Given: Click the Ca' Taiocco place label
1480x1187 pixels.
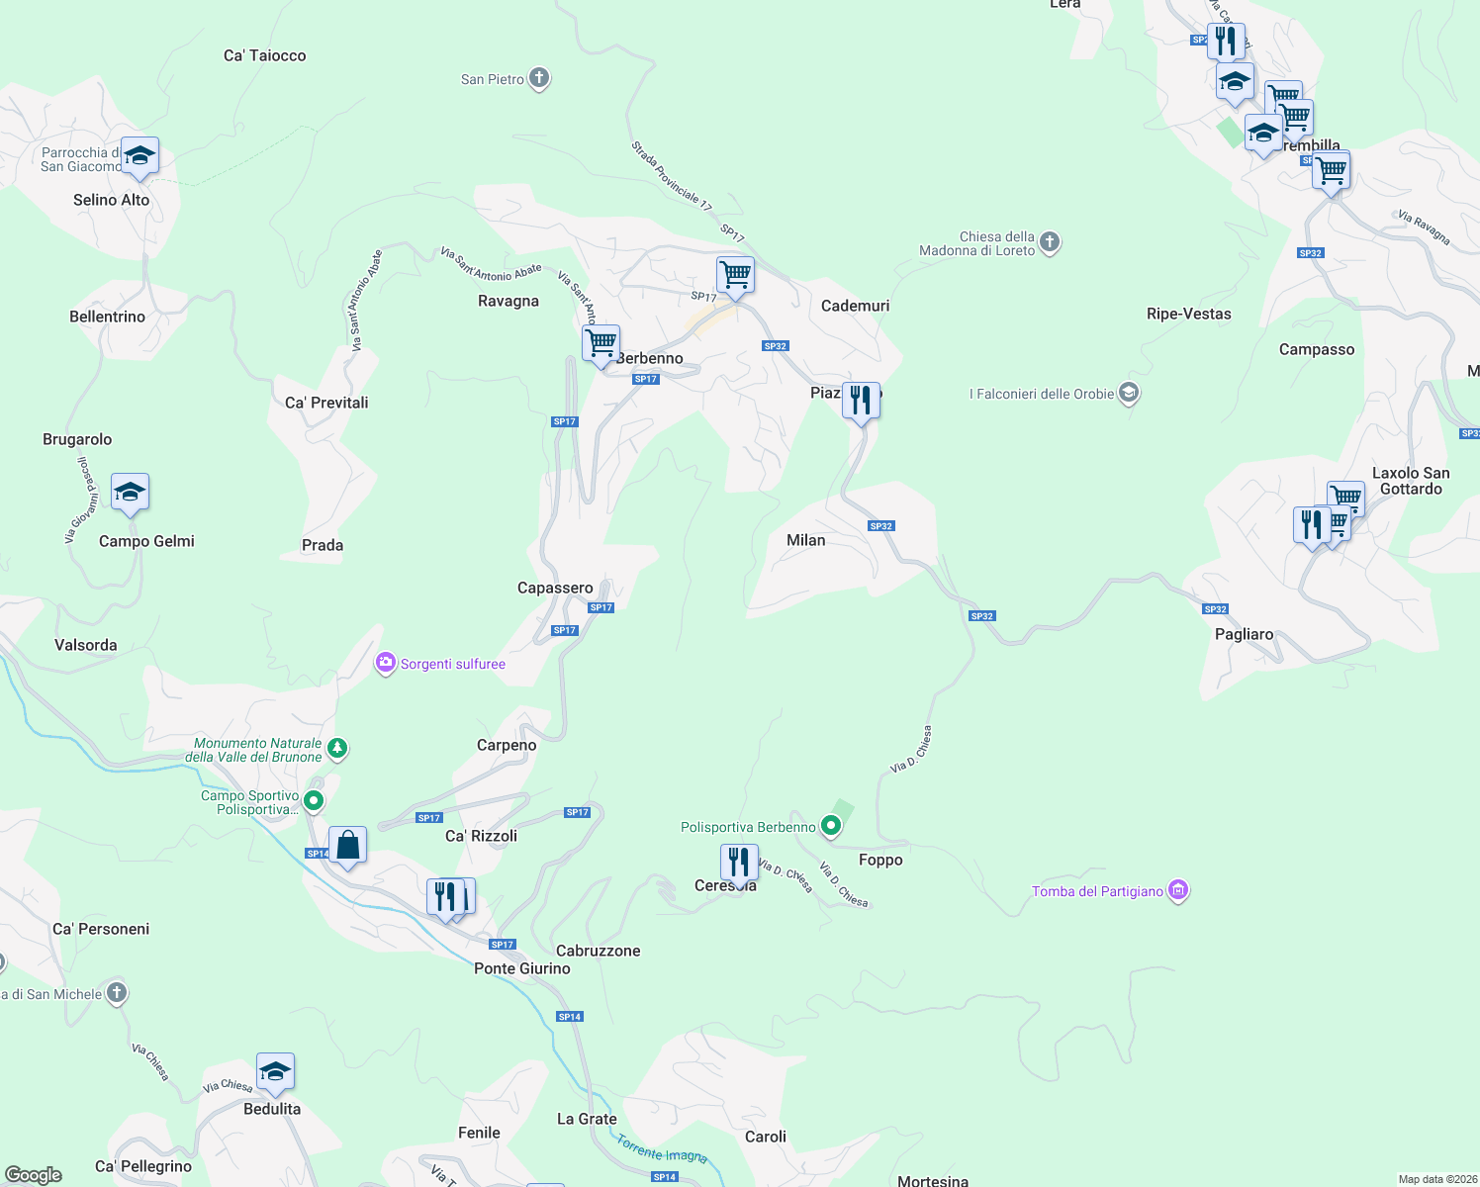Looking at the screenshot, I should pyautogui.click(x=264, y=55).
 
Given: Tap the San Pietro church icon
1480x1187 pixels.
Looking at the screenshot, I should pyautogui.click(x=539, y=78).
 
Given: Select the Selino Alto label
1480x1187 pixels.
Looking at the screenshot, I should pyautogui.click(x=111, y=200).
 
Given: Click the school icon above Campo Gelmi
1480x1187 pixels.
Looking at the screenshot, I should pyautogui.click(x=130, y=493).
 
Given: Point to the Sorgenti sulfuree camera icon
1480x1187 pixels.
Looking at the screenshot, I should pyautogui.click(x=385, y=663).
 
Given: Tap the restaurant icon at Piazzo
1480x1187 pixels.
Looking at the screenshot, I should pyautogui.click(x=861, y=401).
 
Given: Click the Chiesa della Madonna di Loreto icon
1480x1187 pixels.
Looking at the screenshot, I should pyautogui.click(x=1050, y=242).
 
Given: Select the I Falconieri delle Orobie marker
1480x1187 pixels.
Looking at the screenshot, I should pyautogui.click(x=1129, y=393).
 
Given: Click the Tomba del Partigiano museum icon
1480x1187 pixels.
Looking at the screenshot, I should pyautogui.click(x=1177, y=890).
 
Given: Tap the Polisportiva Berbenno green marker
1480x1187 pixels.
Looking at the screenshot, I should pyautogui.click(x=831, y=826).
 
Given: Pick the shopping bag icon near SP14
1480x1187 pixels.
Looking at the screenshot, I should pyautogui.click(x=347, y=846).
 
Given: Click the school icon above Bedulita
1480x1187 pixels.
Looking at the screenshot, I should pyautogui.click(x=275, y=1072).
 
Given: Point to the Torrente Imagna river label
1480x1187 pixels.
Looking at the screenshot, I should pyautogui.click(x=662, y=1148).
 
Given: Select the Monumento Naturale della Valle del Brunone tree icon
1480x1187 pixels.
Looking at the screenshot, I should pyautogui.click(x=337, y=748).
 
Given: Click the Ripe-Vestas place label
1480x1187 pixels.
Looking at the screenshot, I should pyautogui.click(x=1188, y=314).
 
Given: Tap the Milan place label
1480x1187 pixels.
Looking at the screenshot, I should pyautogui.click(x=805, y=540).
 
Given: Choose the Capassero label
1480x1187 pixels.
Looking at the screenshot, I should pyautogui.click(x=555, y=588).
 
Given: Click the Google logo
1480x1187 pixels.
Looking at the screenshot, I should pyautogui.click(x=34, y=1175).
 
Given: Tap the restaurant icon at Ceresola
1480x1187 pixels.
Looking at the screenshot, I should pyautogui.click(x=739, y=863).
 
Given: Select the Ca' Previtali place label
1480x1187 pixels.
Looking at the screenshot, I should pyautogui.click(x=326, y=403).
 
